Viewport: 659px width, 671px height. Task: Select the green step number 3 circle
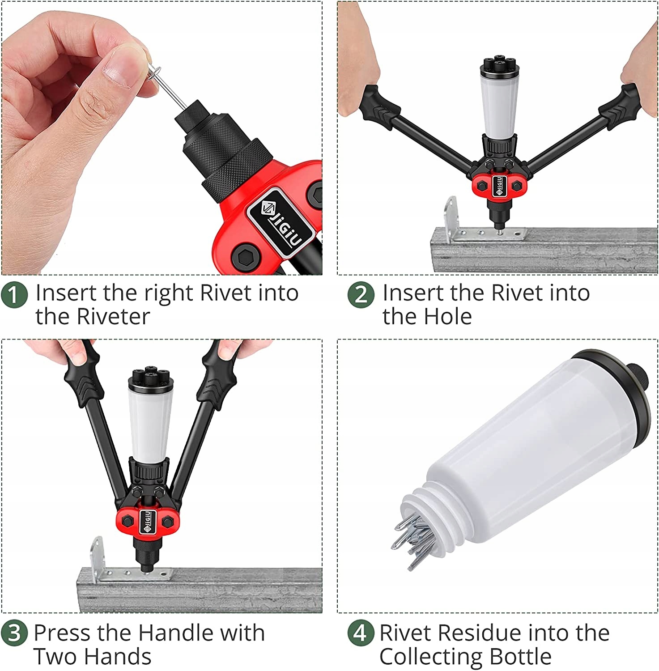pos(14,633)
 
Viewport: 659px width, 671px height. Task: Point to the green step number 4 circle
pos(361,633)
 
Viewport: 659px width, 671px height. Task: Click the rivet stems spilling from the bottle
pos(414,539)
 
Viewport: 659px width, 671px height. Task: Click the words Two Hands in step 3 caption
pos(92,657)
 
